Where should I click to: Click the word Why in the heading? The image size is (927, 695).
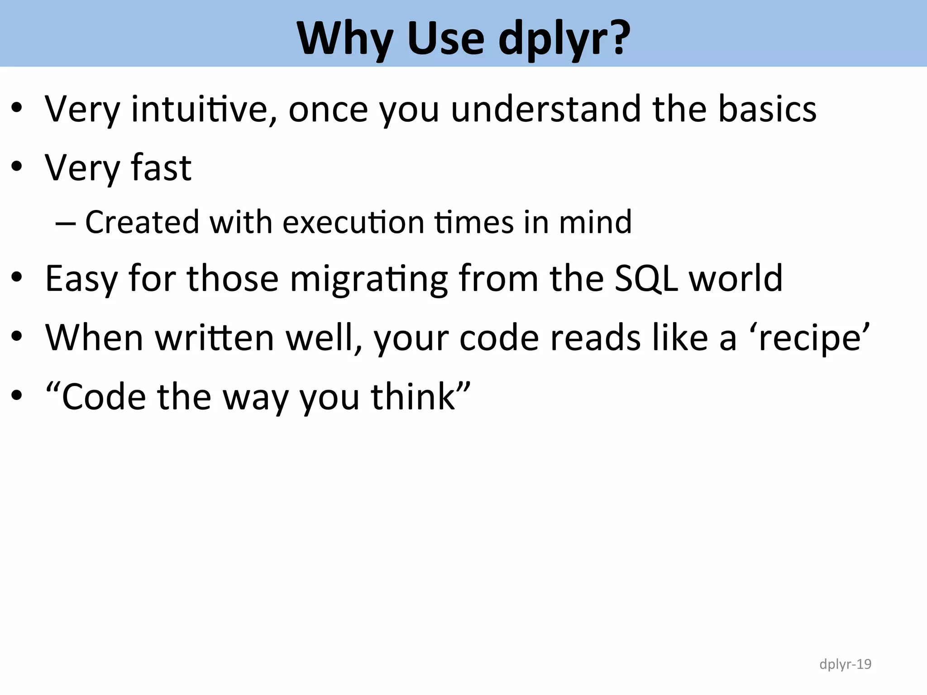coord(344,39)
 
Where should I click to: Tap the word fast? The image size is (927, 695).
coord(161,168)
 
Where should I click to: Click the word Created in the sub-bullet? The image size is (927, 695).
coord(142,222)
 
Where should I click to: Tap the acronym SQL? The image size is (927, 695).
coord(646,278)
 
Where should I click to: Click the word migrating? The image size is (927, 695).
coord(369,280)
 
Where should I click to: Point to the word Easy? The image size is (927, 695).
coord(81,280)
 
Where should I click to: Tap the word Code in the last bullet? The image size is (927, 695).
coord(104,397)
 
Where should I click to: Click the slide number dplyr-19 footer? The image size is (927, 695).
coord(845,664)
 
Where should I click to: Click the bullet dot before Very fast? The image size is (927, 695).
coord(17,167)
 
